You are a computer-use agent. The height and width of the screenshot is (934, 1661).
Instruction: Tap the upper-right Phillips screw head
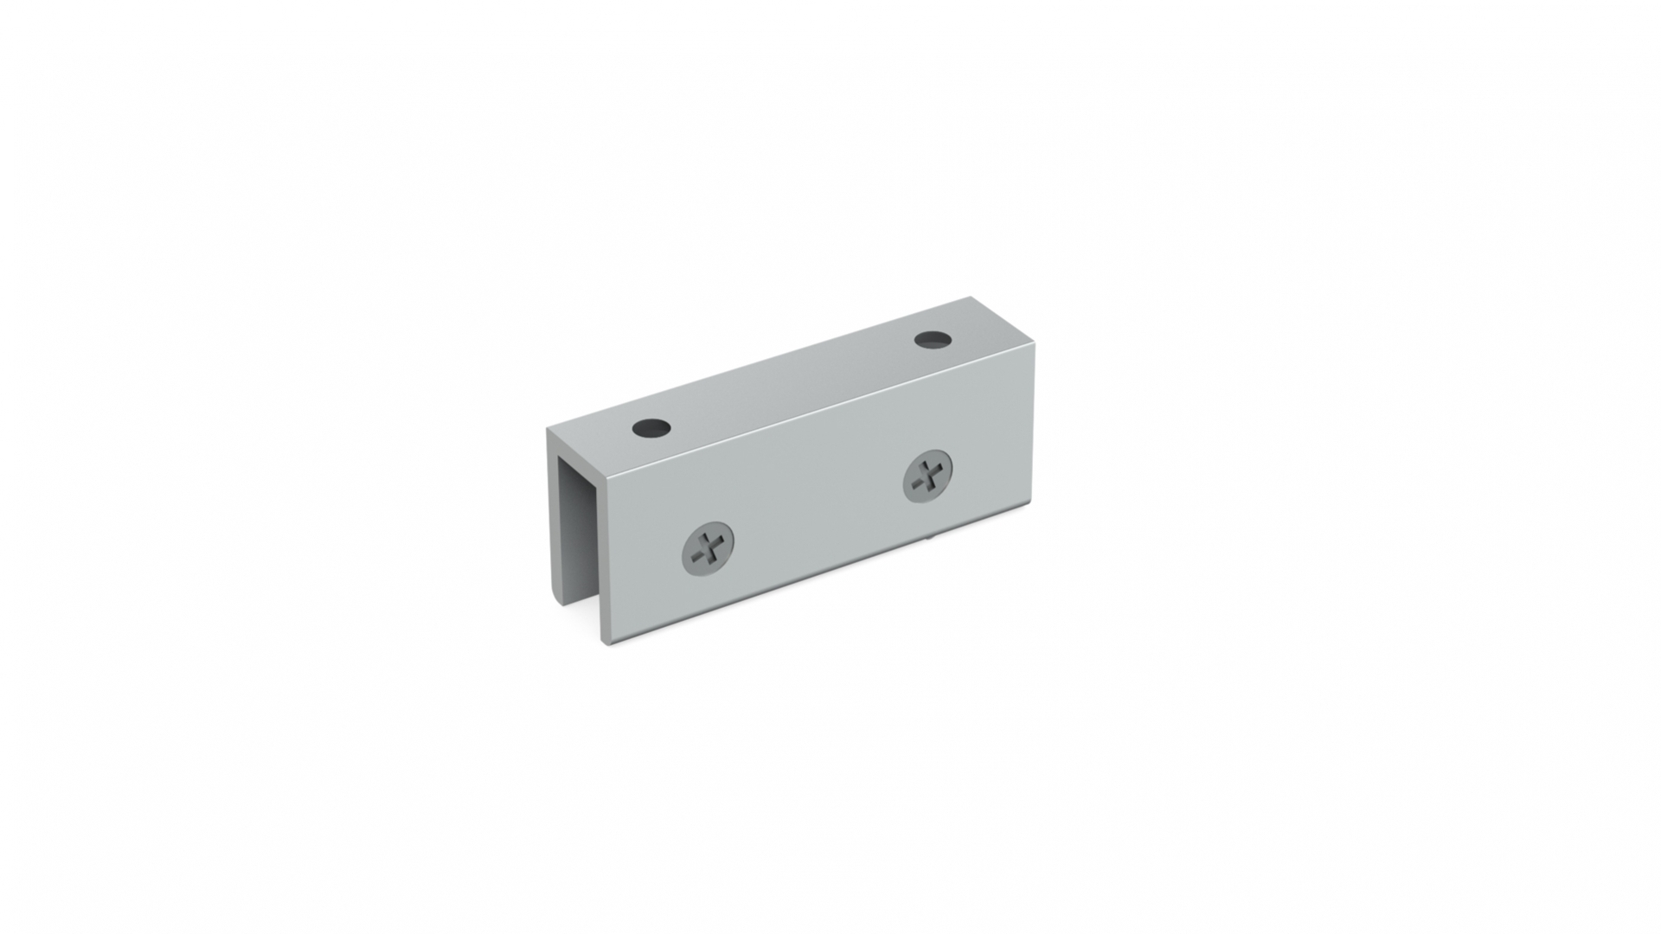[x=927, y=475]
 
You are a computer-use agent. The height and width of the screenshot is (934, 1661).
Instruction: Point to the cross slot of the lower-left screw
[x=710, y=547]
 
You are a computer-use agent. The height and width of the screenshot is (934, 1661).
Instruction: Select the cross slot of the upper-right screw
[x=929, y=475]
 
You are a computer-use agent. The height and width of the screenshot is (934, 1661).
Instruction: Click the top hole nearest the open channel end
[x=651, y=427]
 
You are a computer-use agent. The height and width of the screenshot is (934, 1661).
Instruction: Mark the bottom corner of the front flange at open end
[x=606, y=644]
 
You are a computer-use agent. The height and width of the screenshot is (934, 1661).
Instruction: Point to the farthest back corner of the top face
[x=971, y=297]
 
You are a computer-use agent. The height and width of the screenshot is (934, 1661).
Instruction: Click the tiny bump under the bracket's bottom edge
[x=928, y=537]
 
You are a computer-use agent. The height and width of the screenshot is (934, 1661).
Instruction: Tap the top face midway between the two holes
[x=792, y=383]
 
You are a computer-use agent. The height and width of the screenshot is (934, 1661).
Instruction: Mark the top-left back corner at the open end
[x=547, y=429]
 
